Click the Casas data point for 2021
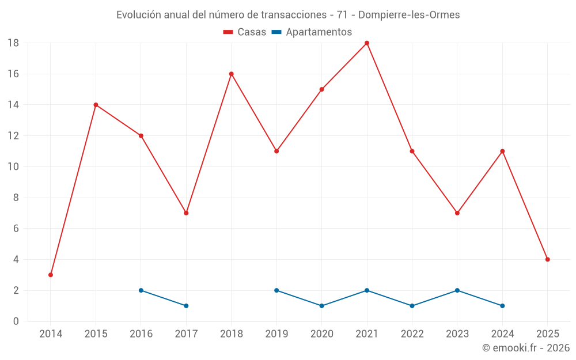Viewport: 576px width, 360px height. [x=367, y=43]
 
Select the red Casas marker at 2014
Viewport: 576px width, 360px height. [x=51, y=275]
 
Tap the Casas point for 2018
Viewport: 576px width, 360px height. [x=232, y=74]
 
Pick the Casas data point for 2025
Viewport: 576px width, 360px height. [x=547, y=259]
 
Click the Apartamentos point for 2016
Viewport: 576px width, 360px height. [x=141, y=290]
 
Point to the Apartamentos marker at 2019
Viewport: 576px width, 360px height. [x=276, y=290]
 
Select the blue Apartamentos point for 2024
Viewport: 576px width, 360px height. [x=502, y=306]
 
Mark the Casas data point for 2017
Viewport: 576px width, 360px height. [x=186, y=213]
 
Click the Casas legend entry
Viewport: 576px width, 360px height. [x=245, y=32]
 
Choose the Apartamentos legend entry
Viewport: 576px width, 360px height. [x=312, y=32]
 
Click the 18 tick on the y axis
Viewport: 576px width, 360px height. [x=13, y=43]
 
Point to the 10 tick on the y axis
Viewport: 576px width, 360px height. [x=13, y=167]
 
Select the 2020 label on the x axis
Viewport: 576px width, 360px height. [x=321, y=334]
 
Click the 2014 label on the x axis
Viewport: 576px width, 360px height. [x=51, y=334]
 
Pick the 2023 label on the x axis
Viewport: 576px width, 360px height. [x=457, y=334]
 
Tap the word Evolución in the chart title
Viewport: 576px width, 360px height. [x=139, y=15]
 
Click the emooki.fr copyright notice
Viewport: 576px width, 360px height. [x=526, y=348]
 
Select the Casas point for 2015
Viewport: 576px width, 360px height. [x=96, y=105]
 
